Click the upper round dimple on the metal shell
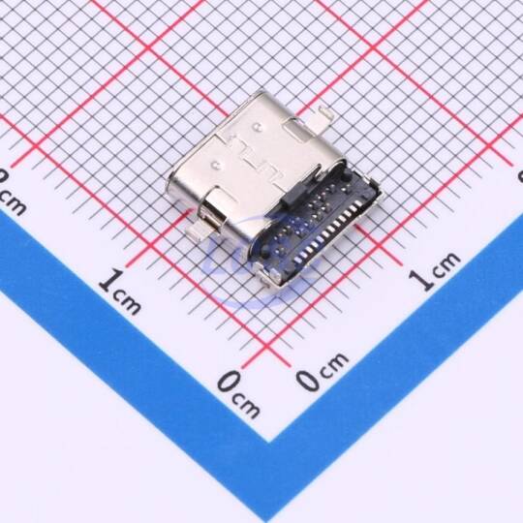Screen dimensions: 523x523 257,127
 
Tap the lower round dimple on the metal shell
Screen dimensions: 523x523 216,164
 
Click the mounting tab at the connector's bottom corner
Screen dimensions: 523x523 269,273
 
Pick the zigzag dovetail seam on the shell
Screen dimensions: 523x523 257,159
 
